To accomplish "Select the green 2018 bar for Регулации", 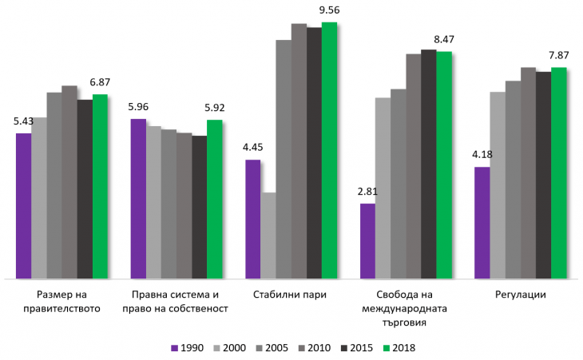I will [558, 173].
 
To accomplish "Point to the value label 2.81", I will [367, 192].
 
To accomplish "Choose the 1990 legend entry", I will [188, 347].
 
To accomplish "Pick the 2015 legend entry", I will [358, 347].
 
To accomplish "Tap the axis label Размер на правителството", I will [62, 301].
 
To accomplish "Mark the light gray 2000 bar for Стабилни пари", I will [268, 235].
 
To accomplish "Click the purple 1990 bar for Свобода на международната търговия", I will [367, 241].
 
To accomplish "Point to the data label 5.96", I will [138, 107].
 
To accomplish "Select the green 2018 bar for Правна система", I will [214, 200].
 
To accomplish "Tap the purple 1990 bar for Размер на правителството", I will [23, 206].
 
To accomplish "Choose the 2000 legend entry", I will [232, 347].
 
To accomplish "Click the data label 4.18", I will [482, 154].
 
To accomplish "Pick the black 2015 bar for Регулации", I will [543, 176].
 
